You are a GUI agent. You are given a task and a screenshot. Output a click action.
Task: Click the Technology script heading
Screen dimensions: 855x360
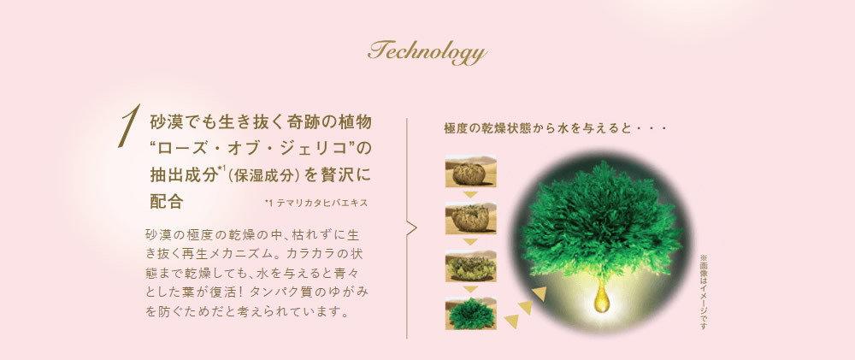427,53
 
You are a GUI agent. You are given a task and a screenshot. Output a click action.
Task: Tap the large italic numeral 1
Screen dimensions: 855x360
128,126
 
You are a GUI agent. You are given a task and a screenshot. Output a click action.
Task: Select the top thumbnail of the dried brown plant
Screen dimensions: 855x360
470,171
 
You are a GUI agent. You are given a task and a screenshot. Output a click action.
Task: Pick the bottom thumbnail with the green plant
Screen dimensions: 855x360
470,313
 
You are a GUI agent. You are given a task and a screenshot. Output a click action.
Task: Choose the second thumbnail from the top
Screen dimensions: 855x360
470,219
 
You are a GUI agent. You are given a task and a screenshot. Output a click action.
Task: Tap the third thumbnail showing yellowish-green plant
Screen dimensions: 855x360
470,266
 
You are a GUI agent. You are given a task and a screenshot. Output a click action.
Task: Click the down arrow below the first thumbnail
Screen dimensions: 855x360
470,195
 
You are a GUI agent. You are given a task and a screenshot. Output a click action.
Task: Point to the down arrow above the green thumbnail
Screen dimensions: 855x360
470,290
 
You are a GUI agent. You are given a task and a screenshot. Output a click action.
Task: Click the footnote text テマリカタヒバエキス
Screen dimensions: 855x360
321,203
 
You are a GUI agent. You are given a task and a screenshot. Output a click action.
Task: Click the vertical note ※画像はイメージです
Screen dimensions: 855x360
703,292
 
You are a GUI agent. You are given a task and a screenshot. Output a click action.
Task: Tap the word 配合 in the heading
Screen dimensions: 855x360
167,201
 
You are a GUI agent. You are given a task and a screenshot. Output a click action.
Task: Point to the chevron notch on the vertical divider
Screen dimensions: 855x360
412,228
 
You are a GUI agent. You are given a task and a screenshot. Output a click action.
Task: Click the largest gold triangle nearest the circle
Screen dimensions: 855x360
540,294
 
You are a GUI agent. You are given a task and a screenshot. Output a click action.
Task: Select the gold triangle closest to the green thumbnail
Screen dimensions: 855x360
511,322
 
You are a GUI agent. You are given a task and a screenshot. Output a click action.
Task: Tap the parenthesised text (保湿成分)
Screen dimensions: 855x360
263,175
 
